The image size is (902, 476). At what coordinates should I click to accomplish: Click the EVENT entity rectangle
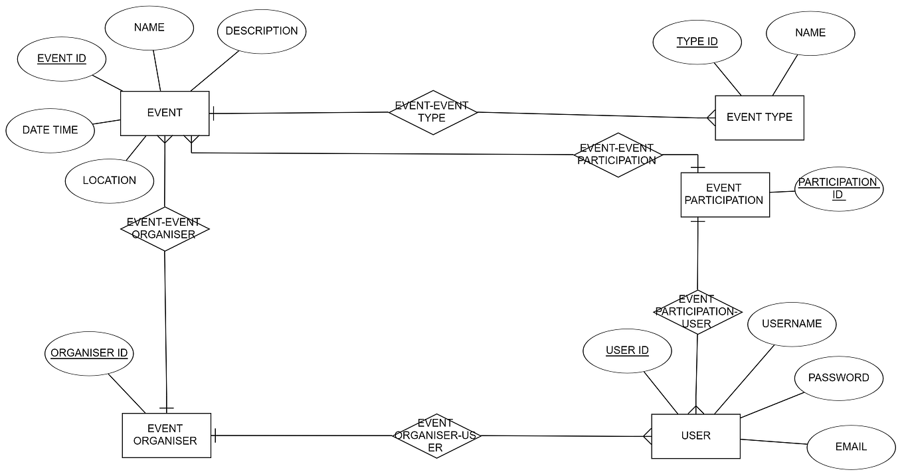tap(165, 113)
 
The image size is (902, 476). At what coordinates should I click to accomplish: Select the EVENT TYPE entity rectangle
tap(759, 118)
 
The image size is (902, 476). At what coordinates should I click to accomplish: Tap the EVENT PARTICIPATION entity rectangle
tap(725, 195)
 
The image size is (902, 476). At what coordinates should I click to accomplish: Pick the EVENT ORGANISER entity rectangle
tap(166, 435)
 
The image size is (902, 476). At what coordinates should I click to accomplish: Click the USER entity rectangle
tap(695, 436)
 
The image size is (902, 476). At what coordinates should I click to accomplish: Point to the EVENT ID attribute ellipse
tap(62, 58)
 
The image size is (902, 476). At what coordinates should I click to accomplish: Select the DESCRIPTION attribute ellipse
tap(262, 31)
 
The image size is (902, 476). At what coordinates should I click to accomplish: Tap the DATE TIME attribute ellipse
tap(50, 130)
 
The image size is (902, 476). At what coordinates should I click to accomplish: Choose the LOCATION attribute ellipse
tap(110, 181)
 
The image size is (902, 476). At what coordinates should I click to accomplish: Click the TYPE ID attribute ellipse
tap(697, 42)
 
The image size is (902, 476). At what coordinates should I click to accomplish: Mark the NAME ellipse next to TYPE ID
tap(810, 33)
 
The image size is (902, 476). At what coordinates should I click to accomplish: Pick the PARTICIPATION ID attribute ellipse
tap(838, 189)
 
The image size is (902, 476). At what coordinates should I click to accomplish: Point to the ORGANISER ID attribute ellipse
tap(90, 353)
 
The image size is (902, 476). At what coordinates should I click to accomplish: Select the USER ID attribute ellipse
tap(627, 351)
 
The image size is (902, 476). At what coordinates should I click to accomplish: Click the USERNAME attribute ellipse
tap(792, 324)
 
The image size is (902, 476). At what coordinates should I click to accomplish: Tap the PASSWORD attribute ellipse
tap(838, 378)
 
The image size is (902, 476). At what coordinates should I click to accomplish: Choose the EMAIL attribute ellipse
tap(851, 447)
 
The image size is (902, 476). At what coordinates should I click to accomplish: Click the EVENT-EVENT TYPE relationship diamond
tap(432, 112)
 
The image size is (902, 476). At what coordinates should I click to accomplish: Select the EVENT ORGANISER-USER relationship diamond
tap(435, 436)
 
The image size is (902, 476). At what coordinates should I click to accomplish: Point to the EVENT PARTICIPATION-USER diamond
tap(697, 312)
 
